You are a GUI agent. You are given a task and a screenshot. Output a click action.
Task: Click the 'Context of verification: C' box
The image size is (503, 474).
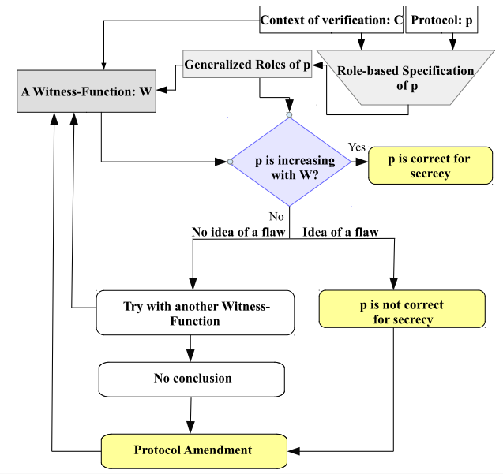(331, 20)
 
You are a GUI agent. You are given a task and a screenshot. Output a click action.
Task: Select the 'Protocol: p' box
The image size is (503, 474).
(441, 20)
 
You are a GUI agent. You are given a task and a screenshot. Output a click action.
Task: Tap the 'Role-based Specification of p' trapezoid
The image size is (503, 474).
(406, 77)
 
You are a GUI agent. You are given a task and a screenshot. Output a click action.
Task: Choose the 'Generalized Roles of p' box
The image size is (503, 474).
(247, 64)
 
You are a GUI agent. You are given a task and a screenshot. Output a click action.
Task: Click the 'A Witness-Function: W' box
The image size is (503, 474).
(86, 91)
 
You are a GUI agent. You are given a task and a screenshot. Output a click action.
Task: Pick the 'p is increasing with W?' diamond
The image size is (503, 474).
(290, 162)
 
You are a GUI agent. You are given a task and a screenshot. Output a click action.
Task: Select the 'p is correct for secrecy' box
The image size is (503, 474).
(430, 166)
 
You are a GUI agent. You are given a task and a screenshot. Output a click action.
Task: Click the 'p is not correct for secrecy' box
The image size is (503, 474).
(402, 309)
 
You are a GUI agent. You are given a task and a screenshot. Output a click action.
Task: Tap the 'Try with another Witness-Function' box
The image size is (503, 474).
(195, 313)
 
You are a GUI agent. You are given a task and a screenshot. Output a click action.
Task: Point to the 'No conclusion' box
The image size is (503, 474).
(192, 379)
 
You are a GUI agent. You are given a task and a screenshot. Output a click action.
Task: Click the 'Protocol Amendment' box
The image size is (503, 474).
(193, 451)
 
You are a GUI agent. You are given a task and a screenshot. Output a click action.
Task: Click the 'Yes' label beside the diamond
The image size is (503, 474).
(357, 147)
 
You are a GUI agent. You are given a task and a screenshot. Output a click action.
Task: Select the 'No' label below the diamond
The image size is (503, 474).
(276, 217)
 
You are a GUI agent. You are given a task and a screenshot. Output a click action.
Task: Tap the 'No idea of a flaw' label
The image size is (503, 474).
(238, 232)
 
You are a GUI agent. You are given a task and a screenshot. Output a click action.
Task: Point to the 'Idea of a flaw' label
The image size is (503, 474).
(340, 232)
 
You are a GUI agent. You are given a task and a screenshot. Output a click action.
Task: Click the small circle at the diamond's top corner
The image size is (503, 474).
(289, 114)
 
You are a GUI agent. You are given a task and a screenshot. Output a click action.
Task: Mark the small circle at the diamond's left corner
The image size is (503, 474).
(230, 162)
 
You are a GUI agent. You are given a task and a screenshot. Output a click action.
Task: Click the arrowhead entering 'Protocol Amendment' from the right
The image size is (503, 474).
(294, 451)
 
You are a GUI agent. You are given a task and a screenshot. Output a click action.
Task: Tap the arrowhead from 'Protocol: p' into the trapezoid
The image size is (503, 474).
(452, 44)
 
